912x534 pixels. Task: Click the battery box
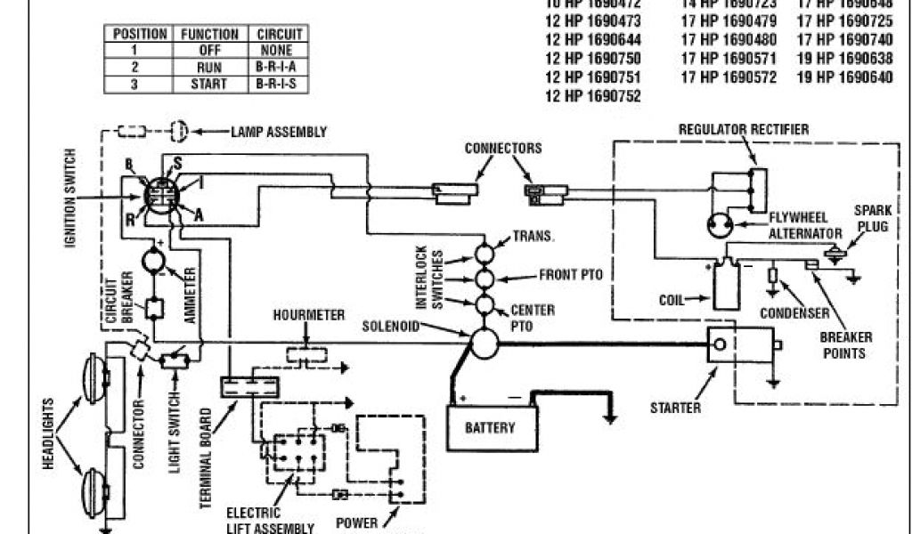[x=490, y=427]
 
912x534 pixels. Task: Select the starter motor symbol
[x=738, y=344]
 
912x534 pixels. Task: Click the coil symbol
[x=722, y=283]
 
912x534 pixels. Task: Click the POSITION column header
[x=140, y=33]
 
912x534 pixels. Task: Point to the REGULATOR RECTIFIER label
[x=744, y=130]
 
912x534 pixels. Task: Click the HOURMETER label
[x=309, y=316]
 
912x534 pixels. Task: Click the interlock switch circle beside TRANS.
[x=484, y=253]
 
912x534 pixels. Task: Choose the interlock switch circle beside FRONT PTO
[x=484, y=279]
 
